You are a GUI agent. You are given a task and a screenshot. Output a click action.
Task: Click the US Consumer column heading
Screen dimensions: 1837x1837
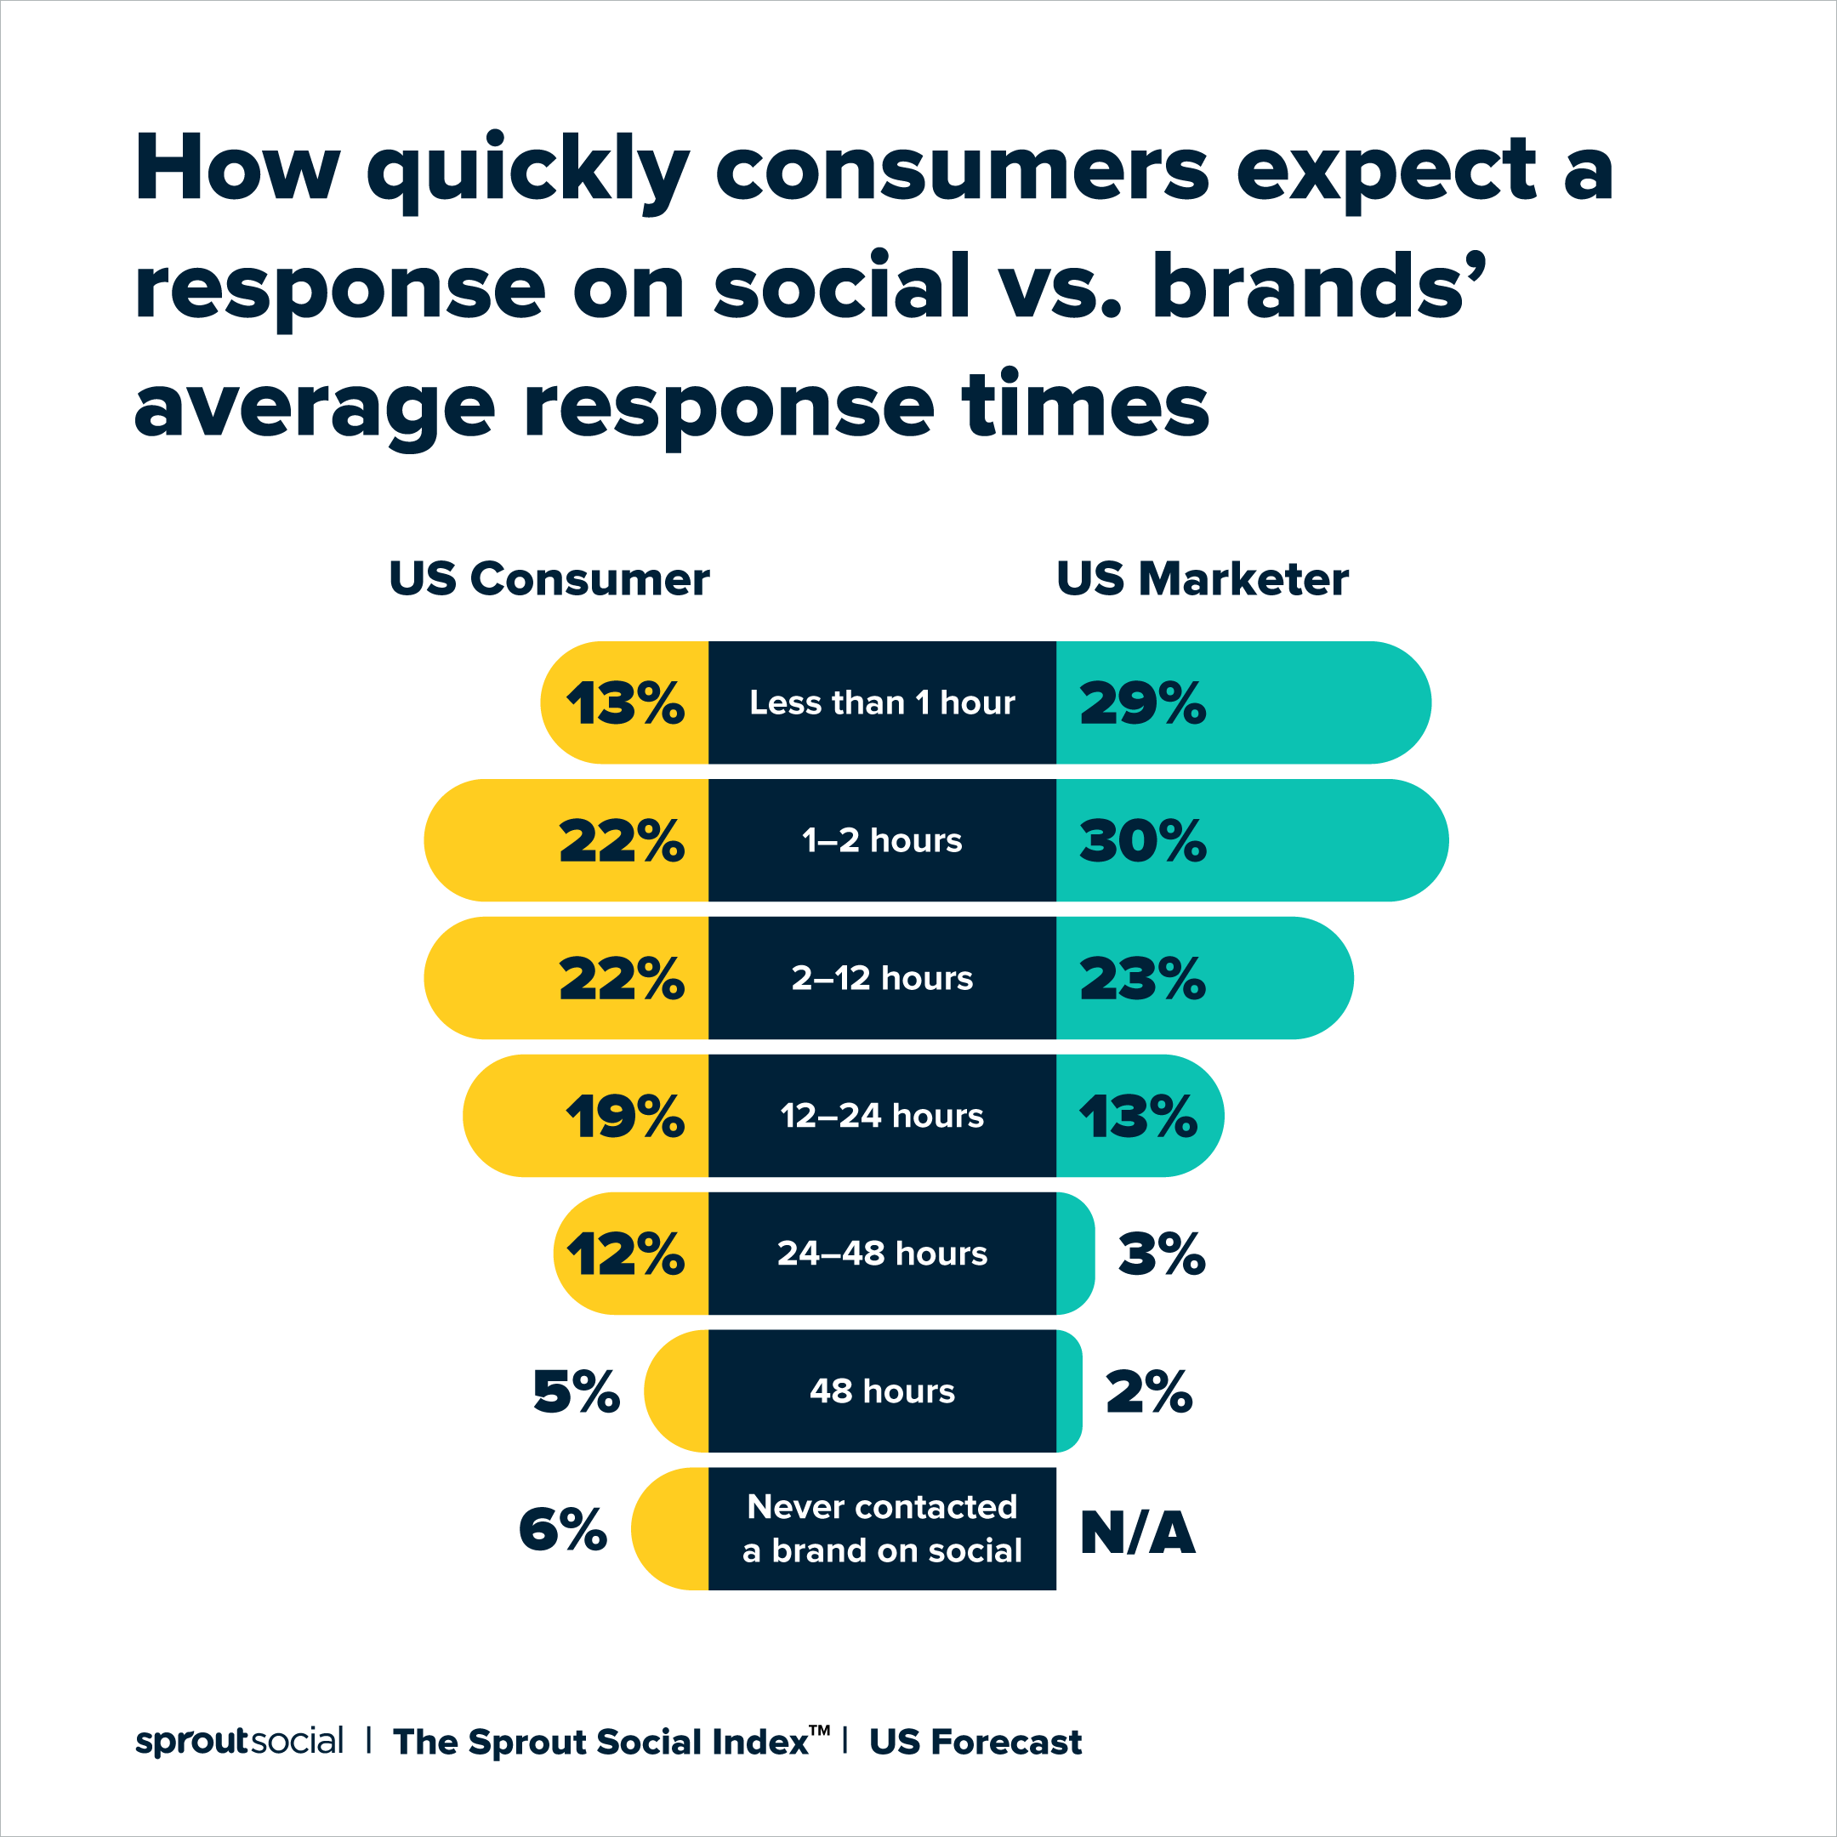pos(549,579)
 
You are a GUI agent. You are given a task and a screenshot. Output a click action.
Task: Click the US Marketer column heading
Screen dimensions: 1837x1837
pos(1202,579)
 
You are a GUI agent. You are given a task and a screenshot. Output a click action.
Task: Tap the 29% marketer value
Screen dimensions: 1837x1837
pos(1142,703)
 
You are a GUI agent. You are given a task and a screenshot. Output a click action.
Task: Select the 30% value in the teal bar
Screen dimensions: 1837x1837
pos(1142,841)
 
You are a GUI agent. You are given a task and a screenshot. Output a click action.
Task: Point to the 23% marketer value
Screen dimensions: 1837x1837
pos(1142,978)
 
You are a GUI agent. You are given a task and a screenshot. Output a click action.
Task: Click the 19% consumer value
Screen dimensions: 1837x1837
pos(625,1117)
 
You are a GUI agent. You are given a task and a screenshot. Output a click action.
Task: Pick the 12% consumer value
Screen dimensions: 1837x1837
pos(625,1254)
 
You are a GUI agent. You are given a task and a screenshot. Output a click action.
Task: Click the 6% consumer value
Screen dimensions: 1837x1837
pos(563,1530)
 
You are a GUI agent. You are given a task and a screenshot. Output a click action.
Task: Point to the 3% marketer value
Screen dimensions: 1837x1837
pos(1161,1254)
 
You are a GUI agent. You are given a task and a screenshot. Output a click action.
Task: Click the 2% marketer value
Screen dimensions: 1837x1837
pos(1149,1392)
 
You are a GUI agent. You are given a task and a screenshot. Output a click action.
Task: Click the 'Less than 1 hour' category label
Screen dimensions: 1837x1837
pos(881,702)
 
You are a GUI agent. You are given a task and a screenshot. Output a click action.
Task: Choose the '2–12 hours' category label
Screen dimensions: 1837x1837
pos(881,978)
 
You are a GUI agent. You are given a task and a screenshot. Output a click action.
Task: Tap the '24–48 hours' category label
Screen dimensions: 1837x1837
pos(881,1254)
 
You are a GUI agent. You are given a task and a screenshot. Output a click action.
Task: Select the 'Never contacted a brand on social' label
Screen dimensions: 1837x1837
pos(881,1529)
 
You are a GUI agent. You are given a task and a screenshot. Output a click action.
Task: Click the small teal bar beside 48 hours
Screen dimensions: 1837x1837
pos(1069,1391)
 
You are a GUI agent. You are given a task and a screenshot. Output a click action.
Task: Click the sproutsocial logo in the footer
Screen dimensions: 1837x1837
pos(239,1741)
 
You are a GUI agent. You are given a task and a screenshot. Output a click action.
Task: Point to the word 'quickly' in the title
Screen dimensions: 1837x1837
pos(527,171)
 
